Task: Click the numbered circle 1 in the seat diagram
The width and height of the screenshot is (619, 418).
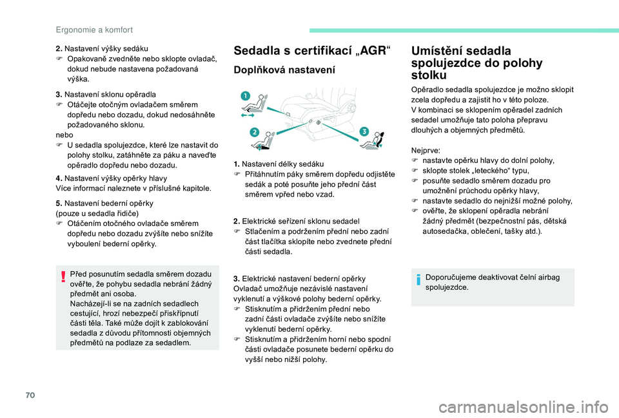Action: [x=245, y=96]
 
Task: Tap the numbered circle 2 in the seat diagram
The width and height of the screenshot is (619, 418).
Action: [x=255, y=132]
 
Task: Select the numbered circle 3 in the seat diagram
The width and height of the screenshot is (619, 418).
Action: [x=364, y=131]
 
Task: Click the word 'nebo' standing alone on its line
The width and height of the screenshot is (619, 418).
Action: [x=64, y=136]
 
